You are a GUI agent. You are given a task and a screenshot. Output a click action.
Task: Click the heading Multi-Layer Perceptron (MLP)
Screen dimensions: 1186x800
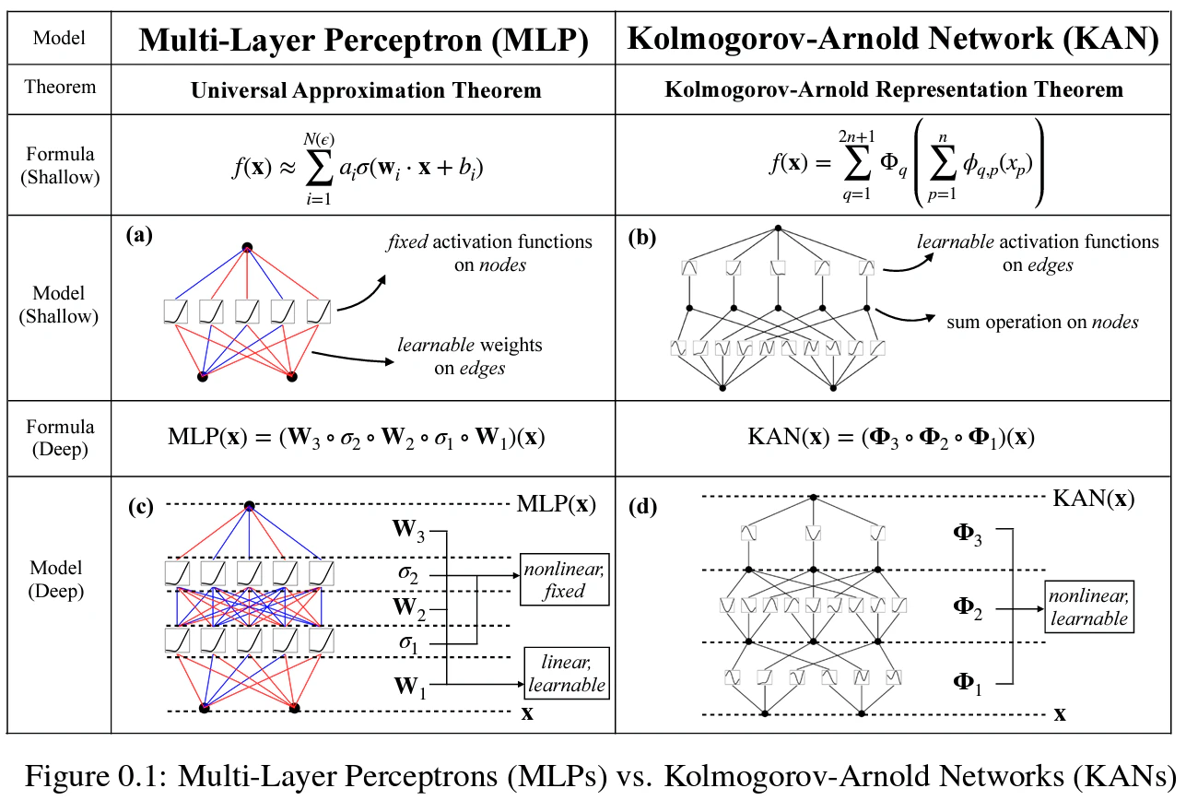[364, 41]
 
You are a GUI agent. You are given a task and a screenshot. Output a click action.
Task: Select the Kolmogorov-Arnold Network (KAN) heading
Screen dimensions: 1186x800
[893, 40]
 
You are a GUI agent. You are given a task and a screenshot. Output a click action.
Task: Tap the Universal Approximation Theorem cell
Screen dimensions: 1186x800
[366, 90]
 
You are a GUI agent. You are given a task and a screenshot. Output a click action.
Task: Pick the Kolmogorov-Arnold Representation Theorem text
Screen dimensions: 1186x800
[894, 89]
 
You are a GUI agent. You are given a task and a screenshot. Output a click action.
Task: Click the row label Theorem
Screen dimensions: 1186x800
[60, 87]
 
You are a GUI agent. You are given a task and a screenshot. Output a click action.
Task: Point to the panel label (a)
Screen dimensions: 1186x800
[139, 234]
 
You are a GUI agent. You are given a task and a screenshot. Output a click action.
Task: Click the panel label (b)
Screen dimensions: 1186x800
[642, 238]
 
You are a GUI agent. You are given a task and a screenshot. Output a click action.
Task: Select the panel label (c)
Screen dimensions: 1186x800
[141, 507]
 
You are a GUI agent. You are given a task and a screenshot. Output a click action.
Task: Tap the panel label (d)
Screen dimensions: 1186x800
[643, 507]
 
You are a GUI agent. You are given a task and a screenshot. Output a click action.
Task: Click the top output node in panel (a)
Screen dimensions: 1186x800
[247, 247]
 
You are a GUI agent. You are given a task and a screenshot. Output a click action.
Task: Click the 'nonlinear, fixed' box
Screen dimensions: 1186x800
[565, 579]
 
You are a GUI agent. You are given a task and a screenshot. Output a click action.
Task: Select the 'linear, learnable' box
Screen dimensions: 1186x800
[567, 673]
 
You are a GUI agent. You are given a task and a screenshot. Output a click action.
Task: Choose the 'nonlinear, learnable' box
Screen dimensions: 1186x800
[1089, 606]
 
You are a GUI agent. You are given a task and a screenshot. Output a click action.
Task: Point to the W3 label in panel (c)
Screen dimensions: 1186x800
[408, 530]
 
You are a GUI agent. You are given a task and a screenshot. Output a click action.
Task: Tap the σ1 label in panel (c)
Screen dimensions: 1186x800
[408, 644]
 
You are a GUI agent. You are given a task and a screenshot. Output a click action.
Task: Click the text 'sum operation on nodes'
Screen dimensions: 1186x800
[1042, 322]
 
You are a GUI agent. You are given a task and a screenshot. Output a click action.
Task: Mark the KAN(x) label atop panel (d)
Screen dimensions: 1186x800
[1094, 499]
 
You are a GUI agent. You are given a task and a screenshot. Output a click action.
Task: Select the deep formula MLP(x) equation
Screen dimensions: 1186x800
[357, 438]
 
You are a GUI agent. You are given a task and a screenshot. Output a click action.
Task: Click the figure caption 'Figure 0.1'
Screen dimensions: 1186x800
[96, 776]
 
